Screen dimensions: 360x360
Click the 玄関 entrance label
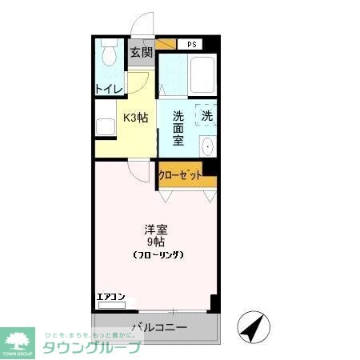(x=141, y=53)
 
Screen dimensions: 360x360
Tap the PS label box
(x=190, y=44)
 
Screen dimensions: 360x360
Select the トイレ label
(x=108, y=89)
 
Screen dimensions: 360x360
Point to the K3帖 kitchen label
(x=134, y=118)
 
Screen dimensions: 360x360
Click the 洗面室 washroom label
(x=178, y=128)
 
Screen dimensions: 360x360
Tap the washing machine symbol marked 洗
(x=206, y=116)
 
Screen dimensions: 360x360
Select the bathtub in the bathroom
(x=204, y=76)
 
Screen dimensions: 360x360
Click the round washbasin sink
(x=207, y=147)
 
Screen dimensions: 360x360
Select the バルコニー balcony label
(x=159, y=327)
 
